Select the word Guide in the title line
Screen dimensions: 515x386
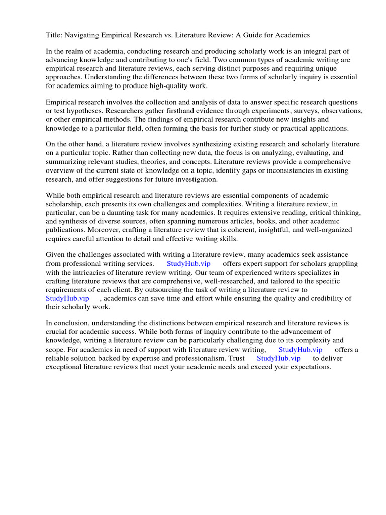click(259, 35)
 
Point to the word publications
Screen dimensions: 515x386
click(68, 230)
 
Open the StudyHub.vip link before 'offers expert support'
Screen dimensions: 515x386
click(188, 264)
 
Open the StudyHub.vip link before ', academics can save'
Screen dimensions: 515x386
click(67, 298)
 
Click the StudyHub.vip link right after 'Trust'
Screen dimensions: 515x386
click(278, 358)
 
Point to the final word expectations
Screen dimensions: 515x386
click(308, 367)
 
